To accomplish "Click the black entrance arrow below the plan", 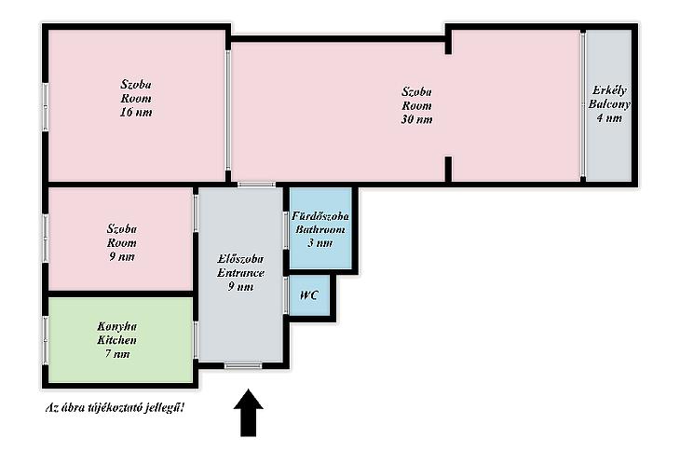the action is pos(249,413).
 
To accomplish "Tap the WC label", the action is pos(309,295).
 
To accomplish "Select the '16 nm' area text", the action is pos(136,113).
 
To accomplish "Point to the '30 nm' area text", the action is pos(416,119).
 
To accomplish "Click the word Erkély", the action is pos(609,90).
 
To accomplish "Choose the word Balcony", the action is pos(609,104).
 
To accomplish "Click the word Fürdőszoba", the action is pos(320,216).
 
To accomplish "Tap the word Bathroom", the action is pos(320,229).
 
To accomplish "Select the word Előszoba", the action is pos(240,259).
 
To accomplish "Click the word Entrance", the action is pos(240,273).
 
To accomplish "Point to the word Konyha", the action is pos(116,326).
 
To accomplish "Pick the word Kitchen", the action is pos(116,340).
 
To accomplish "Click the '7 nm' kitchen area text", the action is pos(117,354).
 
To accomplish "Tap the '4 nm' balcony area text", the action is pos(609,118).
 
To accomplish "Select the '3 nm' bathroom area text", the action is pos(320,243).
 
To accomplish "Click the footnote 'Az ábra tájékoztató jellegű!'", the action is pos(116,408).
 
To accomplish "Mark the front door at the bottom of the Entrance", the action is pos(243,366).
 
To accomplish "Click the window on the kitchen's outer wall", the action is pos(45,341).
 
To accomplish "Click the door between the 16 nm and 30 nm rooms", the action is pos(228,111).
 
